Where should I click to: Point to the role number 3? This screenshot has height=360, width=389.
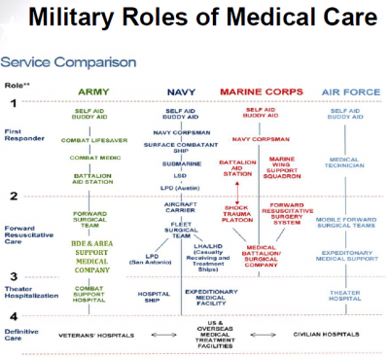[14, 276]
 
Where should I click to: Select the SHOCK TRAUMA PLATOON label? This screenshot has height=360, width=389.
[237, 212]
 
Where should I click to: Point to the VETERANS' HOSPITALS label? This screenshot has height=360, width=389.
[95, 334]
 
